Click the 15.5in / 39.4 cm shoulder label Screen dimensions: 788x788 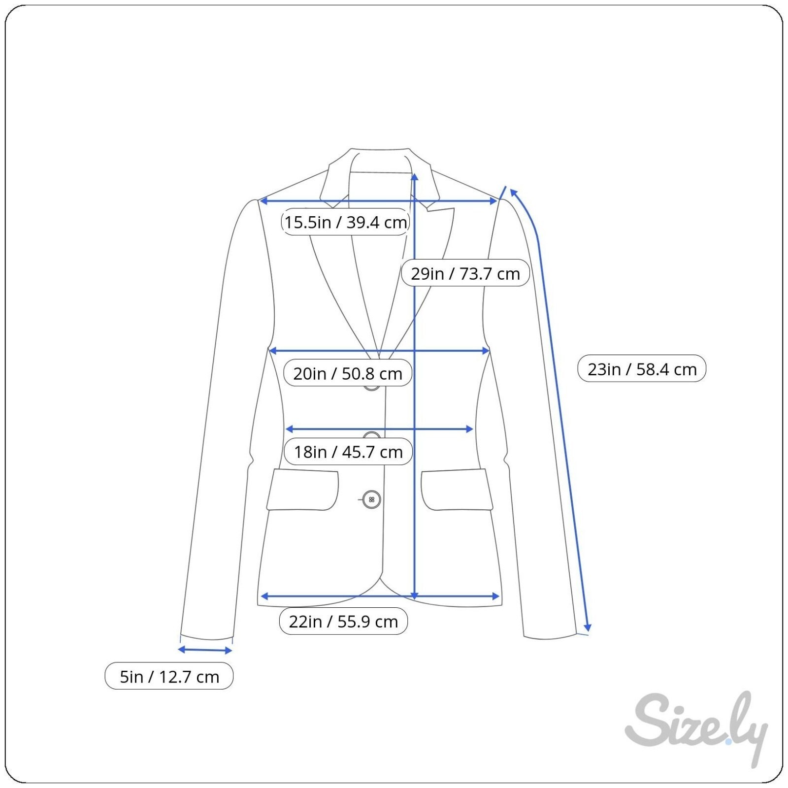coord(345,222)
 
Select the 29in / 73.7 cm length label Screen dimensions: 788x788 coord(465,273)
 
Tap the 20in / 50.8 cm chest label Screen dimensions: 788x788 coord(348,373)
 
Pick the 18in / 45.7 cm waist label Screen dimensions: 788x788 coord(348,452)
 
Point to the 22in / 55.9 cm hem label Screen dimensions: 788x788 coord(343,622)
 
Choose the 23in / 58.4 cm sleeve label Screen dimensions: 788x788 coord(642,369)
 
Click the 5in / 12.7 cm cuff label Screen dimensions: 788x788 coord(169,676)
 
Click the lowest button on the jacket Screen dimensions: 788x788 coord(371,499)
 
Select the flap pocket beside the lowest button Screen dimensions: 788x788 coord(302,490)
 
